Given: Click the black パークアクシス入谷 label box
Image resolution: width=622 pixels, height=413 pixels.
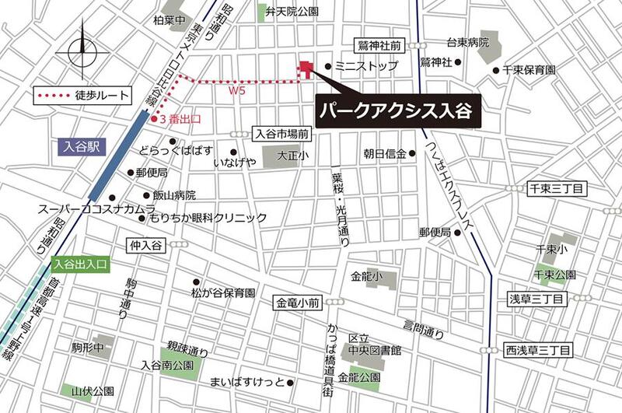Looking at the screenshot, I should coord(399,110).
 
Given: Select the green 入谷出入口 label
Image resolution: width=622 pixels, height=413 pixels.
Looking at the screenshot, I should coord(82,264).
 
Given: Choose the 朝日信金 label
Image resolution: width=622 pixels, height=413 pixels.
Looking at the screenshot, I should coord(385,154).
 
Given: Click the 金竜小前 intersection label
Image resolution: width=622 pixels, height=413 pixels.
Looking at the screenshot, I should coord(296,303).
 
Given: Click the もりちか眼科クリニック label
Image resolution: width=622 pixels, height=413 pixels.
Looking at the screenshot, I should coord(208,218).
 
